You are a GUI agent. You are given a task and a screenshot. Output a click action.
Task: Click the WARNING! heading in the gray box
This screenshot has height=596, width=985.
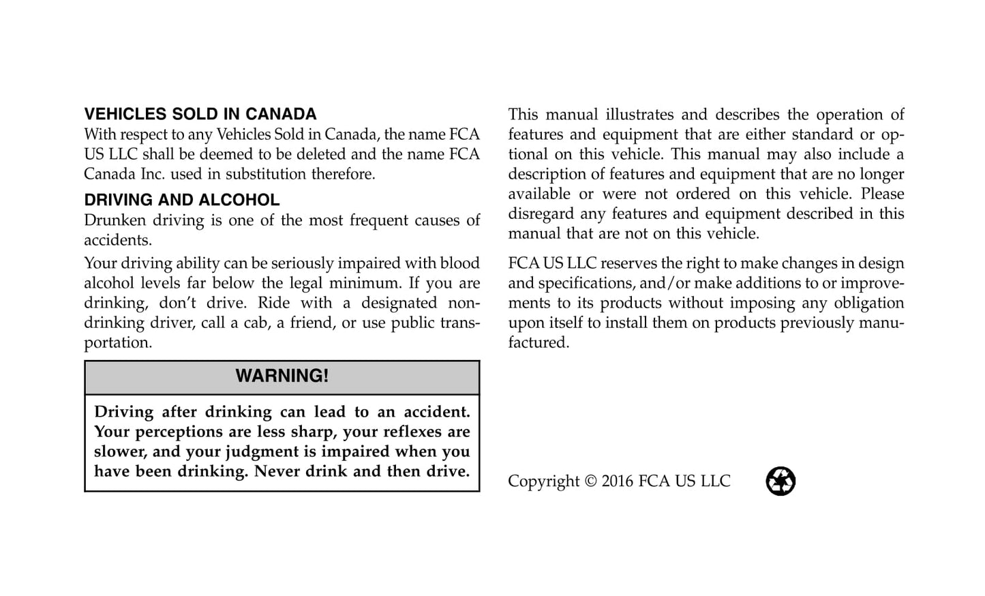coord(282,376)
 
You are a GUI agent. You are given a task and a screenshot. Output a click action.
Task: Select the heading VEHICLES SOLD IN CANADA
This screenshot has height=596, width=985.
coord(200,114)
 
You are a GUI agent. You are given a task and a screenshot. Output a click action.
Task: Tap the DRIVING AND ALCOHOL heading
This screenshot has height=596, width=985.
coord(182,200)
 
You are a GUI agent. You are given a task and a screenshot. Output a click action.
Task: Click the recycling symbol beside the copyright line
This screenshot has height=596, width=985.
coord(781,481)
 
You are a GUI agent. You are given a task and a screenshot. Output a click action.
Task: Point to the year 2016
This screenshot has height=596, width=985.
coord(618,481)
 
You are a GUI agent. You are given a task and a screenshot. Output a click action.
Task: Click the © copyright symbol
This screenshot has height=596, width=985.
coord(590,481)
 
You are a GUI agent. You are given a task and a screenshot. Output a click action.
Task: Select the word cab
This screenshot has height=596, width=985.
coord(256,323)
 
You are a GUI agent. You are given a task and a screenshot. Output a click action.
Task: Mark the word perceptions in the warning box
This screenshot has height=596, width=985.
coord(179,432)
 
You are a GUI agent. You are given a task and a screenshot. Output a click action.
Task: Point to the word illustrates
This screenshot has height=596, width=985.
coord(638,115)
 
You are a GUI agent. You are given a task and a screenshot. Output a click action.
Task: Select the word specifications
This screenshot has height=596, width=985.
coord(586,283)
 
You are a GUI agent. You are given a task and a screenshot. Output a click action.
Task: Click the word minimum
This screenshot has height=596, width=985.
coord(360,283)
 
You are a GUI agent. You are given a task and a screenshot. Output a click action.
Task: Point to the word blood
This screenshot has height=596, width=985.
coord(459,263)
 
